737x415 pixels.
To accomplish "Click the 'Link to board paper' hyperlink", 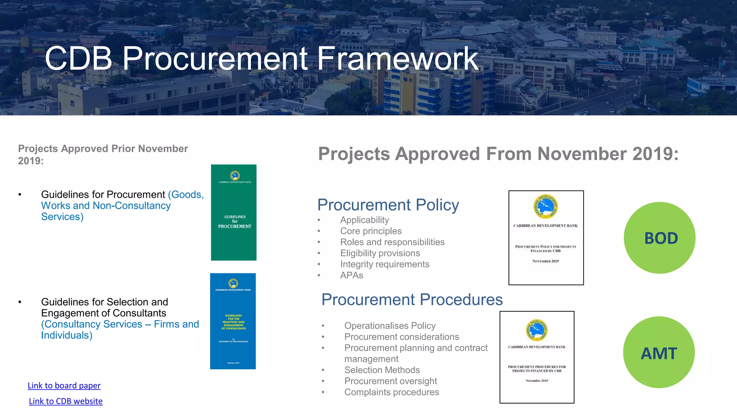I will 64,385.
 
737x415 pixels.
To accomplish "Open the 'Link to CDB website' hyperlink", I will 65,401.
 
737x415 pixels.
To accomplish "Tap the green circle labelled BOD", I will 659,238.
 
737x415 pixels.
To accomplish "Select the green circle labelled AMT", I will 659,352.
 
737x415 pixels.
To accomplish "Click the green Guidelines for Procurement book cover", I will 234,213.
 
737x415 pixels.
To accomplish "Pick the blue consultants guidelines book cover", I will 233,321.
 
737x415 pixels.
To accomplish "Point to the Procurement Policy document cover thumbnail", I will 546,238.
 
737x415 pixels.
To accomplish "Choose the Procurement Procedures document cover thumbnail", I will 537,357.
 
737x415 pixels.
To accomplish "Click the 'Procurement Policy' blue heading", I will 388,205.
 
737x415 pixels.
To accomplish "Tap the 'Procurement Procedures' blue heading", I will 412,299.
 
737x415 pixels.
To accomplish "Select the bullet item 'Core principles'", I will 371,231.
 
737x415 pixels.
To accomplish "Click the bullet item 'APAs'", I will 352,275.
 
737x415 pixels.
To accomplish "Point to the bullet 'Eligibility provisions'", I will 380,253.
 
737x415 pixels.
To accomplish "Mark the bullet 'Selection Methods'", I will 382,370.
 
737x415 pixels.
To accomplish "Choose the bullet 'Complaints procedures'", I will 392,392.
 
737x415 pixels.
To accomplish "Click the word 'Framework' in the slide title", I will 397,58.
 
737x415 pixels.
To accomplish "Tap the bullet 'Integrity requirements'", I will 385,264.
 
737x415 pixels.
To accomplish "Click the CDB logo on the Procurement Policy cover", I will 546,206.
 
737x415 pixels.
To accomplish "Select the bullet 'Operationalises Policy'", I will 390,326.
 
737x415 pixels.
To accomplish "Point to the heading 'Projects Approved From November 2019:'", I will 498,154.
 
